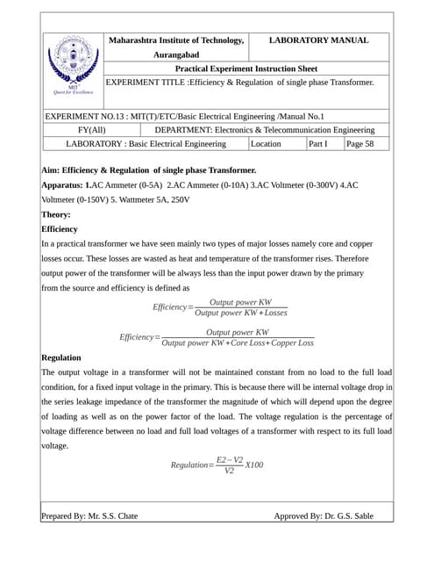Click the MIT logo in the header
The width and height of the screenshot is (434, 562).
click(x=73, y=64)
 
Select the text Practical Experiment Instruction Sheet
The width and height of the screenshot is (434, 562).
click(x=246, y=68)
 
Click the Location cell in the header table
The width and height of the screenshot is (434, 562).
click(x=266, y=143)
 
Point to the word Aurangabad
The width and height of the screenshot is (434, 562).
click(x=175, y=54)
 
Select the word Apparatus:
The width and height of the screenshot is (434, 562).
click(x=63, y=185)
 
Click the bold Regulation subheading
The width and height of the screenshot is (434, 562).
click(x=61, y=357)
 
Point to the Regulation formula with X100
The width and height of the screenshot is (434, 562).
click(x=217, y=465)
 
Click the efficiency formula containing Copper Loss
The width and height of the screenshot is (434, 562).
click(x=217, y=337)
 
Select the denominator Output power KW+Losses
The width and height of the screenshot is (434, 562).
click(x=241, y=313)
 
